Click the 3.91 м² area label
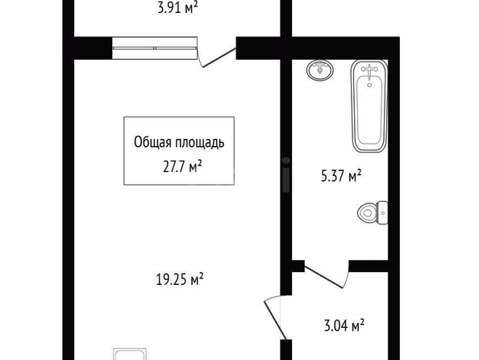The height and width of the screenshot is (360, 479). pyautogui.click(x=177, y=7)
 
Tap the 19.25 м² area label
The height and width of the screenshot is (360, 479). pyautogui.click(x=180, y=279)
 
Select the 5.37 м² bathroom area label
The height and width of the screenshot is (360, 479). pyautogui.click(x=341, y=176)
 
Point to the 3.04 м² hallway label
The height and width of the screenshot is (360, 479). pyautogui.click(x=344, y=325)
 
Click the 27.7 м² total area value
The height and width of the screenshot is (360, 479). pyautogui.click(x=182, y=167)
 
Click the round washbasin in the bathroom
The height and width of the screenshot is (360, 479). pyautogui.click(x=320, y=70)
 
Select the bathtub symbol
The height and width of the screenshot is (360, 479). pyautogui.click(x=369, y=106)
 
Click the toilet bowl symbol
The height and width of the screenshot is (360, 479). pyautogui.click(x=367, y=212)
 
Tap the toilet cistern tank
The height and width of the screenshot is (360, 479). pyautogui.click(x=382, y=212)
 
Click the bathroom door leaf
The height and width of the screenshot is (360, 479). pyautogui.click(x=324, y=277)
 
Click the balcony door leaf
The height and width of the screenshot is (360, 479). pyautogui.click(x=219, y=57)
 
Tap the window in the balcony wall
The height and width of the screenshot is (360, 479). pyautogui.click(x=155, y=48)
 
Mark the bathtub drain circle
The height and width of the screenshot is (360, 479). pyautogui.click(x=369, y=85)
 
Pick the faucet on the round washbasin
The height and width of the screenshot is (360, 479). pyautogui.click(x=320, y=67)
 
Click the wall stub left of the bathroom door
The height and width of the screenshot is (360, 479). pyautogui.click(x=298, y=266)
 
